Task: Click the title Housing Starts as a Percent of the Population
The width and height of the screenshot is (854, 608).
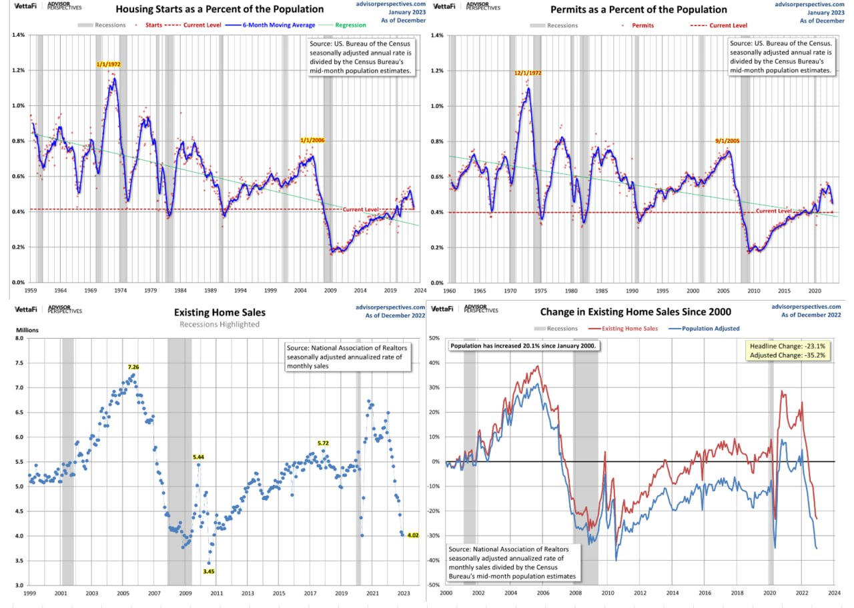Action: (x=220, y=10)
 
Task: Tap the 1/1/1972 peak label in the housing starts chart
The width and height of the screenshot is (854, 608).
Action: (x=109, y=64)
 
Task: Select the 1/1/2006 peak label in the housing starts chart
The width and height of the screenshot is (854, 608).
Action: (x=312, y=141)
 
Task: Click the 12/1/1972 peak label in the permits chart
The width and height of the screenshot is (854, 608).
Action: (x=527, y=73)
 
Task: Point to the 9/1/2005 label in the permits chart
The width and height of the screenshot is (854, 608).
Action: (x=727, y=141)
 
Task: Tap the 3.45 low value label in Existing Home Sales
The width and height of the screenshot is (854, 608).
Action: (x=208, y=571)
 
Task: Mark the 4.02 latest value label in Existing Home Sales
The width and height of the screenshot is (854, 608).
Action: (x=412, y=535)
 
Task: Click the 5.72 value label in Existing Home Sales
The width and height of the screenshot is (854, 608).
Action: (x=323, y=443)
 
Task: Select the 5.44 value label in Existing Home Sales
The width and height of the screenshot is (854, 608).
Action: (x=199, y=457)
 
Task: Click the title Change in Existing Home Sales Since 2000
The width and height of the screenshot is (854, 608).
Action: (x=635, y=311)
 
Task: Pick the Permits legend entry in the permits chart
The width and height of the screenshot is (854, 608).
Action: (x=644, y=25)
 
